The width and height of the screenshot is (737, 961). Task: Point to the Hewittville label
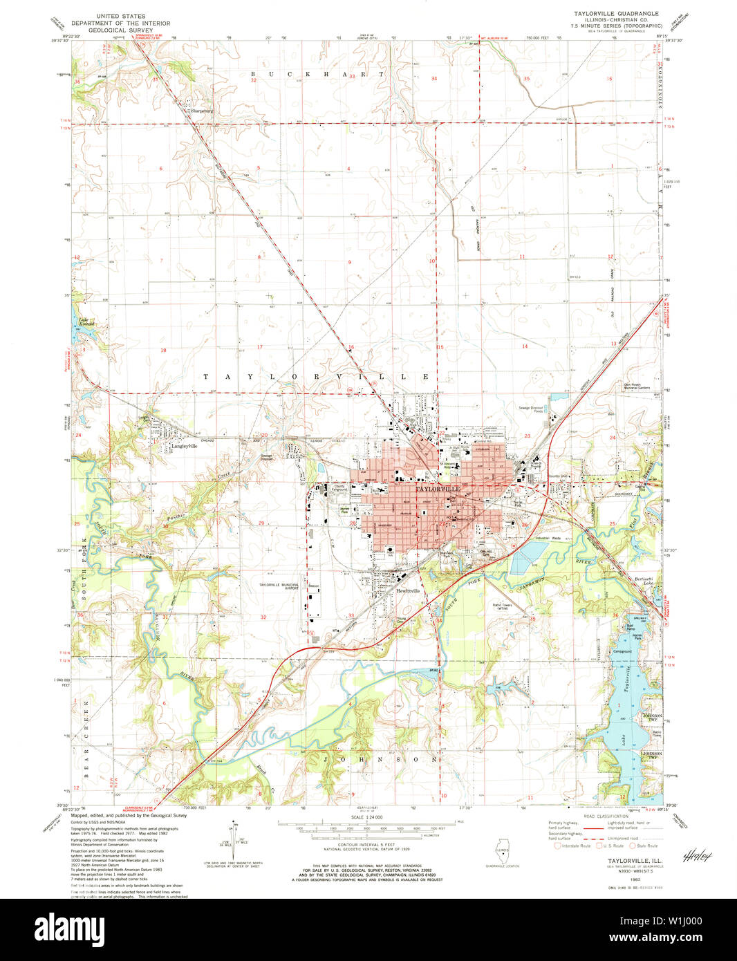click(408, 591)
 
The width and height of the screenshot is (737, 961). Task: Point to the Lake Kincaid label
click(86, 321)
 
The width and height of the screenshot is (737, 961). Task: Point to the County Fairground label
click(339, 487)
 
